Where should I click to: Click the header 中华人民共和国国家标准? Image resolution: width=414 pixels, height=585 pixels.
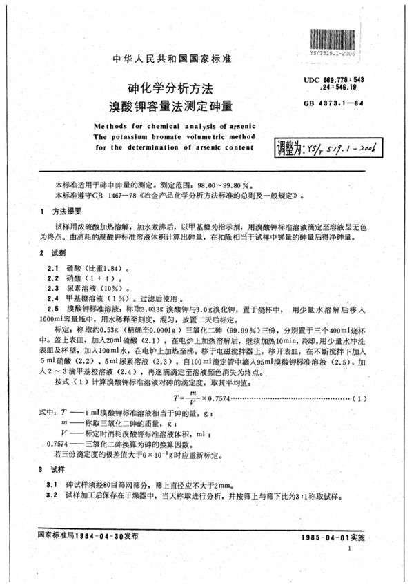[171, 60]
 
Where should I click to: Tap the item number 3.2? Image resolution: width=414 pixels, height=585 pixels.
[51, 495]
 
